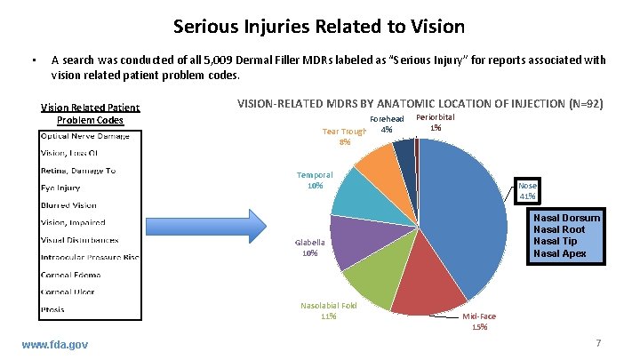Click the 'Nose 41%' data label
pos(528,190)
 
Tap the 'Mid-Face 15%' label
pos(481,321)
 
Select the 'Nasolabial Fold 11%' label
pos(328,310)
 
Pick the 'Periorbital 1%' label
pos(435,123)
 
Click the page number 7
pos(598,343)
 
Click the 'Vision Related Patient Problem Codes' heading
pos(91,114)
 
